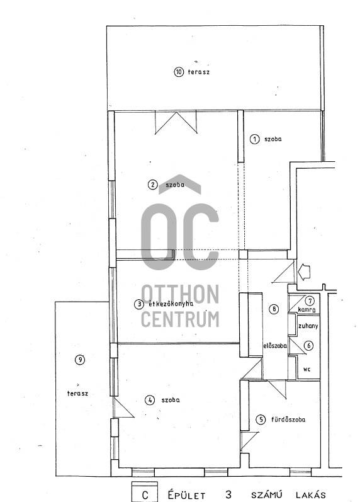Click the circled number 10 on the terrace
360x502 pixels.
[x=179, y=72]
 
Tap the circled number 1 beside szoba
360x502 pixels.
[x=255, y=139]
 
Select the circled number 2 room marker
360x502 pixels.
[x=153, y=185]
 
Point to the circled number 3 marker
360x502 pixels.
[x=139, y=304]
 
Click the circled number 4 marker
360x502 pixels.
[x=149, y=400]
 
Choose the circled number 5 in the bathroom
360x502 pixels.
[x=261, y=419]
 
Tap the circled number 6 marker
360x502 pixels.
[x=309, y=346]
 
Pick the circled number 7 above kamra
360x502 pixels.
[x=310, y=301]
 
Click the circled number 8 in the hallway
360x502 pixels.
[x=274, y=309]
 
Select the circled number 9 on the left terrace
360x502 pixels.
[x=80, y=360]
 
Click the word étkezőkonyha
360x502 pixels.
[x=171, y=304]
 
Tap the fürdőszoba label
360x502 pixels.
[x=288, y=419]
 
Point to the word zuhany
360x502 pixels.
[x=308, y=326]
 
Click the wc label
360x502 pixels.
[x=307, y=369]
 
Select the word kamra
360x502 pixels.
[x=307, y=310]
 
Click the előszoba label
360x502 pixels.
[x=275, y=346]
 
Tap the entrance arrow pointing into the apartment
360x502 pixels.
[x=305, y=272]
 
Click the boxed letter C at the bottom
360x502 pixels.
[x=145, y=495]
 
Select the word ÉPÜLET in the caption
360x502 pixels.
[x=187, y=495]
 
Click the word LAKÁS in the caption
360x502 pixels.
[x=311, y=495]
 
